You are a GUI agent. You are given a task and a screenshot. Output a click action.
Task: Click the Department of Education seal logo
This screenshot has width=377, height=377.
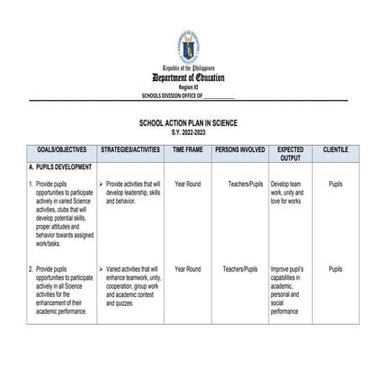coord(188,48)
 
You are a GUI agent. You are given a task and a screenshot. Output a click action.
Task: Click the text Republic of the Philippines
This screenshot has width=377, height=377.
coord(188,68)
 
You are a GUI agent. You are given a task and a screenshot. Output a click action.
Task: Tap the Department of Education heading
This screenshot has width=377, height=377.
coord(188,78)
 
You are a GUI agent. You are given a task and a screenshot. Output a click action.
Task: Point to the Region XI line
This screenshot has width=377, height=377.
coord(188,87)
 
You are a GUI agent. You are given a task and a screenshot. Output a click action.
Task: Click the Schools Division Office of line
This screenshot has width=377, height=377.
coord(188,94)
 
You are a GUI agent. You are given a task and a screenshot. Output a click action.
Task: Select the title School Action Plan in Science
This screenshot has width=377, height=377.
coord(188,123)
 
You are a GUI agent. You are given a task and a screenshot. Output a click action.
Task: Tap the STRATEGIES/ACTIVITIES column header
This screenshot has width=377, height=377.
coord(131,149)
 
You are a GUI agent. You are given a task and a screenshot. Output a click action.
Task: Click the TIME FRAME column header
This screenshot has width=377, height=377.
coord(188,149)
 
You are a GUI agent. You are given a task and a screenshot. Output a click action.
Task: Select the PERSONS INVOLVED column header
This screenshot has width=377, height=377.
coord(240,149)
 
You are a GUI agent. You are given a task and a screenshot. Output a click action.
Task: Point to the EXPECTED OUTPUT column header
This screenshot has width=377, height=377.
coord(290,153)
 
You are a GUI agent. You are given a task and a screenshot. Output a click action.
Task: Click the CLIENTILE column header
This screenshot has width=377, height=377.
coord(336,149)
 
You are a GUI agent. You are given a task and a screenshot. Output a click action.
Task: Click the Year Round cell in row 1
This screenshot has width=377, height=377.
coord(188,184)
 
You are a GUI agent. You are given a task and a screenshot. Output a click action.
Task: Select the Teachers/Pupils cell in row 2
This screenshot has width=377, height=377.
coord(240,269)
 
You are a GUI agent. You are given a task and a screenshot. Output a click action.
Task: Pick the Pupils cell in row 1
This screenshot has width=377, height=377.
coord(336,184)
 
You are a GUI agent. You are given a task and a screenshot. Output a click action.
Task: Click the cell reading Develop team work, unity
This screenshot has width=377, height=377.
coord(289,192)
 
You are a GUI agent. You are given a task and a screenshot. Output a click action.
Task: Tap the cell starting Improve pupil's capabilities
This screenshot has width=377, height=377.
coord(289,289)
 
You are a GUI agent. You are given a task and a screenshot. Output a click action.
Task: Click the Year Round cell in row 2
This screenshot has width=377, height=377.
coord(188,269)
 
